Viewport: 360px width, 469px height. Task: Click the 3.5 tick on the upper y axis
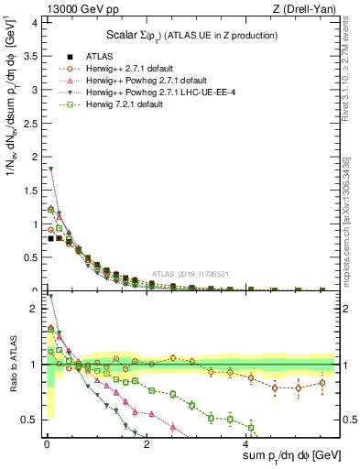[x=31, y=56]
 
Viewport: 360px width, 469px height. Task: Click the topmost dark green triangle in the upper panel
[x=52, y=169]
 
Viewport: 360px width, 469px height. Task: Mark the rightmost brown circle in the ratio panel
[x=322, y=383]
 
